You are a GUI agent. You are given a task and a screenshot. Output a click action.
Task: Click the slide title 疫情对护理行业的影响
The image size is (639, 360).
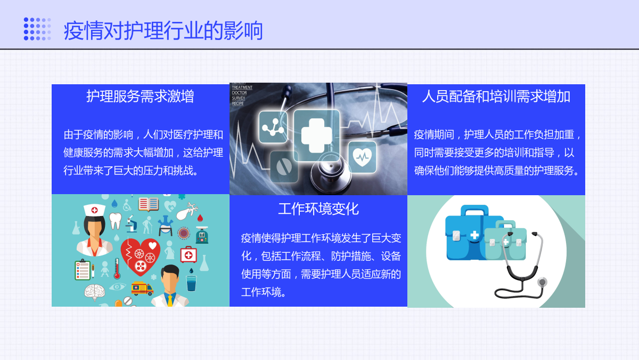tap(163, 30)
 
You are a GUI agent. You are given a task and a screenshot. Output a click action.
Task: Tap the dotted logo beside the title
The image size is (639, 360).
tap(37, 29)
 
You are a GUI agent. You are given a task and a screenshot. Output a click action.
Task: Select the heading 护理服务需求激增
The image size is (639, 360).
tap(140, 96)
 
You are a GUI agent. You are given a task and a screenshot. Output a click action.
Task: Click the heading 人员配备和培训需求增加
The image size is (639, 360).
tap(496, 97)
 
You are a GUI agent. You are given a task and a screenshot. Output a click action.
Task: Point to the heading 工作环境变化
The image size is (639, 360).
tap(318, 209)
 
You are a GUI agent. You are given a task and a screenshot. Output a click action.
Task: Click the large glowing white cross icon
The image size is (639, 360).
tap(317, 135)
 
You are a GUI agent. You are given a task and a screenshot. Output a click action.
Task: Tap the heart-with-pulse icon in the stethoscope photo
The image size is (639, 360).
tap(362, 157)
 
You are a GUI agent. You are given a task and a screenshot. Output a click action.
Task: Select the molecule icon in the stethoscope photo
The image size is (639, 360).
tap(273, 127)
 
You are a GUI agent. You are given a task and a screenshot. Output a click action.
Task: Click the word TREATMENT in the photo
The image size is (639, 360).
tap(242, 87)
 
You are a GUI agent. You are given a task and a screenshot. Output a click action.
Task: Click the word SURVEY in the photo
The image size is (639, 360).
tap(239, 98)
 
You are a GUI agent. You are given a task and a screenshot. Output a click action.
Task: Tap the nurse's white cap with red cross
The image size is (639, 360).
tap(94, 210)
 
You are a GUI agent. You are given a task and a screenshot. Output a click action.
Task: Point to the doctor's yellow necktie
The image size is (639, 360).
tap(170, 301)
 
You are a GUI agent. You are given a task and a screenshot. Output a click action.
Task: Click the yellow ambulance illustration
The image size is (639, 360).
tap(142, 289)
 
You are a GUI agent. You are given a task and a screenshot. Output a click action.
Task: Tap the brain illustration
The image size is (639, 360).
tap(94, 292)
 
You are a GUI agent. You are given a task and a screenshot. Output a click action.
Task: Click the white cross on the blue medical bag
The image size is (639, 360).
tap(474, 235)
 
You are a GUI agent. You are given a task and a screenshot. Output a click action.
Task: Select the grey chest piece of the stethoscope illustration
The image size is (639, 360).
tap(542, 282)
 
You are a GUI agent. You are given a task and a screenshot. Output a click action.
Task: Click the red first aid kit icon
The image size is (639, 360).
tap(189, 254)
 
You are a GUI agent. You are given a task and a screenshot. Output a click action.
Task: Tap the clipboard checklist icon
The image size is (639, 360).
tap(83, 270)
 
